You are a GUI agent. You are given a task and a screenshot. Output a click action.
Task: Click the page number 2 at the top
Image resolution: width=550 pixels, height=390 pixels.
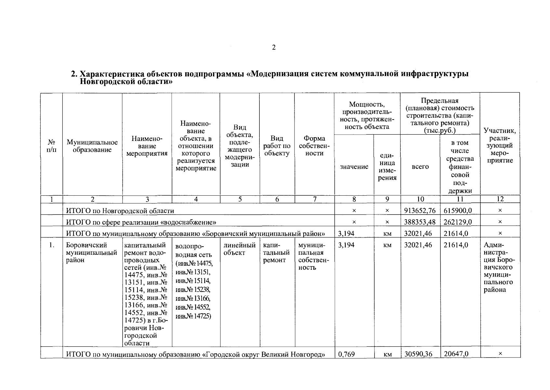point(273,48)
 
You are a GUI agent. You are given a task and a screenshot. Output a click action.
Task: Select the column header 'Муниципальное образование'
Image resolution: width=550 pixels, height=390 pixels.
point(92,146)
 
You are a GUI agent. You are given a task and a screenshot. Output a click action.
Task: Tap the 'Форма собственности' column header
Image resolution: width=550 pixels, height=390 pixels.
point(314,146)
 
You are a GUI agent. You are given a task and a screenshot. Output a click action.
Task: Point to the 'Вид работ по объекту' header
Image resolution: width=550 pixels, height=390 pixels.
point(277,146)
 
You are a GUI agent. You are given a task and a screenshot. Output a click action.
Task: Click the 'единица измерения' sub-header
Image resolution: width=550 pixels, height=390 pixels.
point(387,167)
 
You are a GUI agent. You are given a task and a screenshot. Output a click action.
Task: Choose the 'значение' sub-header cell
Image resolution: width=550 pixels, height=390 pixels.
point(354,167)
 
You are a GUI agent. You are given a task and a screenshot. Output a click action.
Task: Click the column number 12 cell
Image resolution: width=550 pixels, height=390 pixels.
point(500,199)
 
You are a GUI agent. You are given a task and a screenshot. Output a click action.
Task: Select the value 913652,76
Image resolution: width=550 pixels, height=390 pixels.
point(420,211)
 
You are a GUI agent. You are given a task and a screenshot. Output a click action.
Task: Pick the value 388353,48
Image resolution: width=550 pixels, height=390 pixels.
point(420,222)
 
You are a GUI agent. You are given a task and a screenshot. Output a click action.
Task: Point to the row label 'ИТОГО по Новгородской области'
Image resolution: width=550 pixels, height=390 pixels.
point(120,211)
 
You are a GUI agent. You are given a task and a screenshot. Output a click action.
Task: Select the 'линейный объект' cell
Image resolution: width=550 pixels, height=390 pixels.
point(240,249)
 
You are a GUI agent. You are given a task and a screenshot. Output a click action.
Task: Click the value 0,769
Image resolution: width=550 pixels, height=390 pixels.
point(347,354)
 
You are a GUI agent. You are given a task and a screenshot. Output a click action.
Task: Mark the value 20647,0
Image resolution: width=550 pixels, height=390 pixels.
point(456,354)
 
